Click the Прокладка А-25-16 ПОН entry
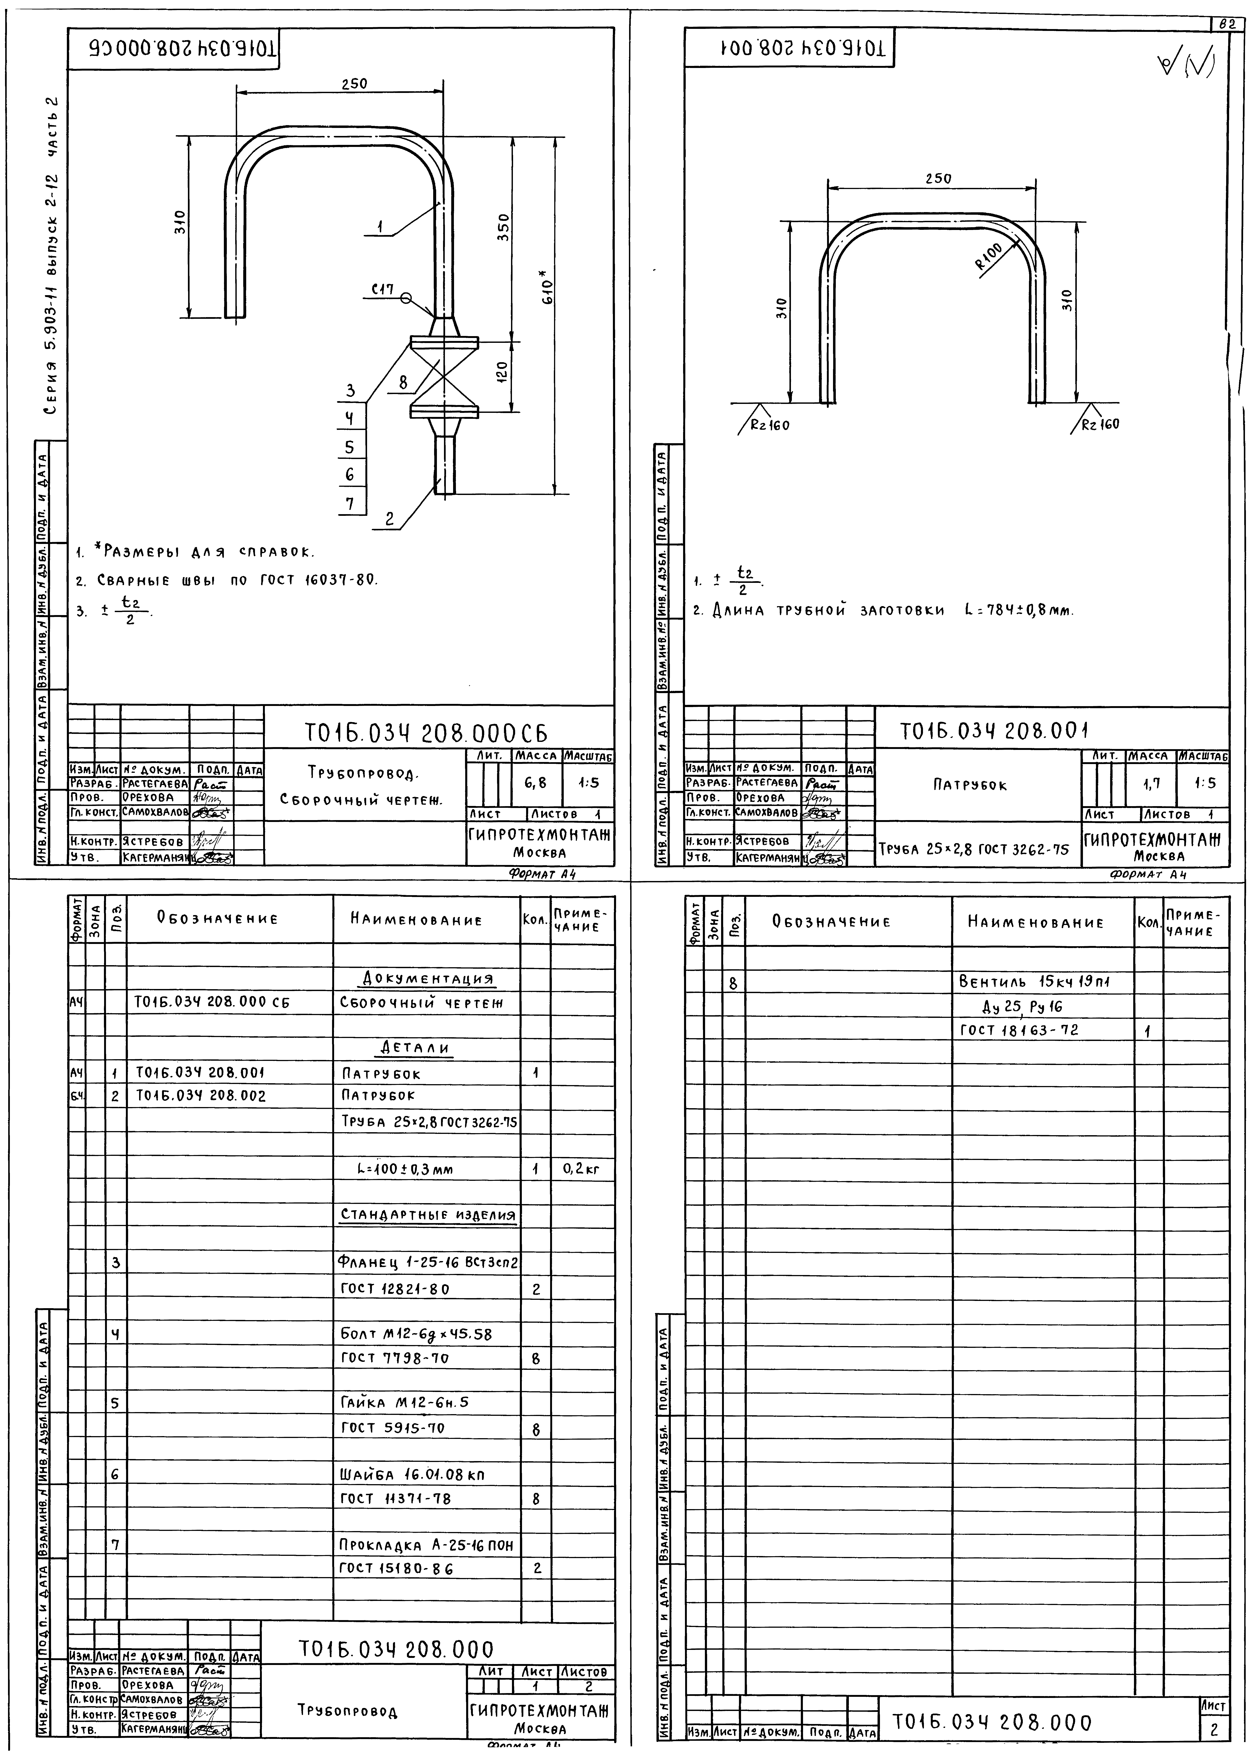[426, 1545]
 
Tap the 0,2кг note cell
[581, 1169]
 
